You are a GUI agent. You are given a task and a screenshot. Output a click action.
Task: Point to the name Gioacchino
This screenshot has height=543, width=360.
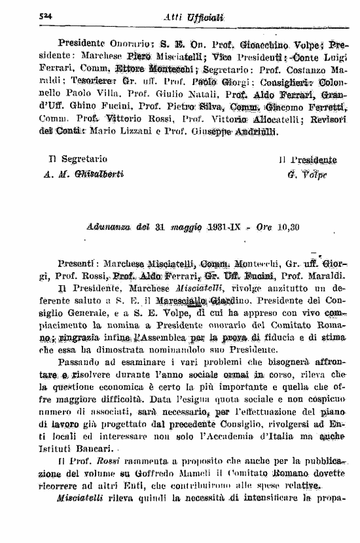261,44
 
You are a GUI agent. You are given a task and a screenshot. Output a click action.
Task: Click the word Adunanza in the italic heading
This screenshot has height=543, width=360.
108,228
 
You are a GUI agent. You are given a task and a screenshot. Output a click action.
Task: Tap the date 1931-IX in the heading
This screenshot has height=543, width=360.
224,228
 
